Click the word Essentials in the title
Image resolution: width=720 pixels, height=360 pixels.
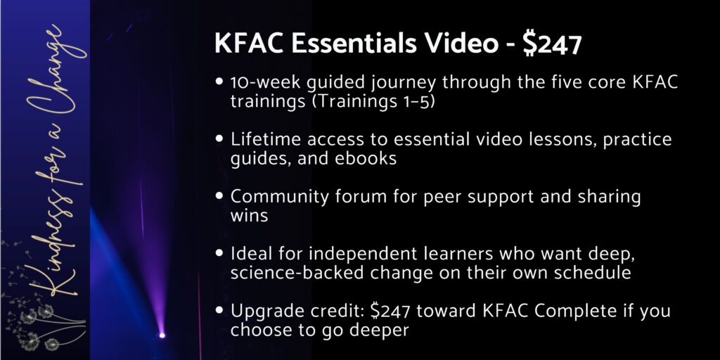354,44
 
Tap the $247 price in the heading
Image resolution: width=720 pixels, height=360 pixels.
553,44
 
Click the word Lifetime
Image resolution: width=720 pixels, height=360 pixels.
265,139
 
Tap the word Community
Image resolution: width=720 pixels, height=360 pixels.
279,197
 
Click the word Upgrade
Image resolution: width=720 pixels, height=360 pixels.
266,311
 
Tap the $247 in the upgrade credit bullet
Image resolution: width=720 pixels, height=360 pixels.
390,311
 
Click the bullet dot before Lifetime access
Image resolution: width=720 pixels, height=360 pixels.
219,139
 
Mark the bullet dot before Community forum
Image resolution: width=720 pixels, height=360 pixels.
219,195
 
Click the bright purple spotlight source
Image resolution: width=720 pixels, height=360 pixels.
162,335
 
